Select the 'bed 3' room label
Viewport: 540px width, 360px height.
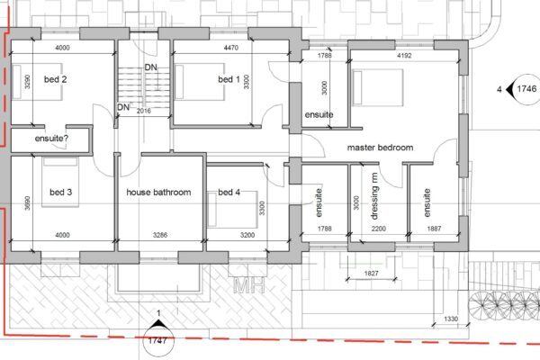(x=59, y=192)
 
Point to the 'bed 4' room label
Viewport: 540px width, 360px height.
(x=229, y=192)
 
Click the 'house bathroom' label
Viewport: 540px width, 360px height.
(x=158, y=192)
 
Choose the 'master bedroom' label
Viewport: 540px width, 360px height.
(x=380, y=147)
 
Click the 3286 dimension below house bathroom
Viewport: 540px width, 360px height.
(x=158, y=235)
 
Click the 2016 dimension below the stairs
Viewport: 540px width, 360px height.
(x=145, y=111)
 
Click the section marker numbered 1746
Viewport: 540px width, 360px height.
(x=524, y=89)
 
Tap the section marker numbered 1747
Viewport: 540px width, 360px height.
(x=159, y=341)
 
